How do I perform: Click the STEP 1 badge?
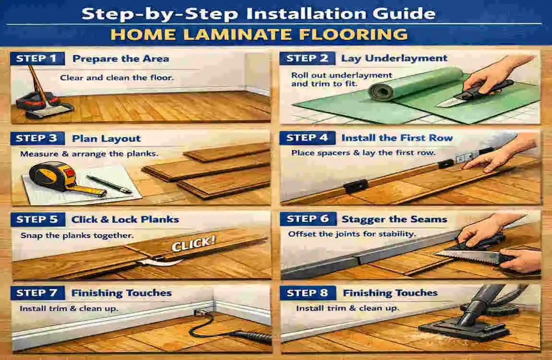click(x=36, y=59)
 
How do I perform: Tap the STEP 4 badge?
click(x=307, y=138)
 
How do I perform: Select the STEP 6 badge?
click(x=307, y=219)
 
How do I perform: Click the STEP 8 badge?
click(x=307, y=293)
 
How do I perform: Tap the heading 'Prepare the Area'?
click(x=120, y=59)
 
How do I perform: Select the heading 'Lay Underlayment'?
click(x=394, y=59)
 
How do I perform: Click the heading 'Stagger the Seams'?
click(x=394, y=219)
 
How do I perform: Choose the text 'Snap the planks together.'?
click(x=77, y=236)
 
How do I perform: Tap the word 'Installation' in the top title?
click(x=306, y=13)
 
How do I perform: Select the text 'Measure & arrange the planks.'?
click(x=88, y=154)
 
